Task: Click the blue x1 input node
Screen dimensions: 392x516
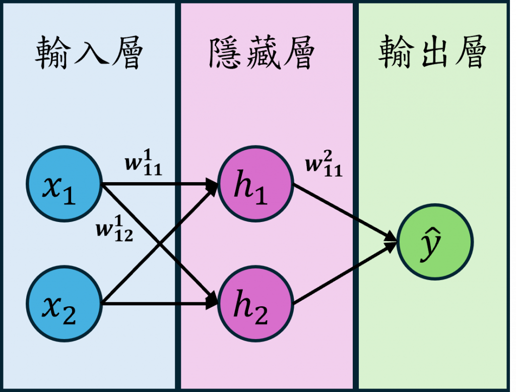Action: (64, 184)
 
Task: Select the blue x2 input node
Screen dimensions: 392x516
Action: (64, 303)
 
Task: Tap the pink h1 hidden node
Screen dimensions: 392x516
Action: (255, 184)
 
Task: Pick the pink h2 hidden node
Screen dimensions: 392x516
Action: (255, 304)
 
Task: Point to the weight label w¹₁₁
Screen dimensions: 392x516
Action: (144, 164)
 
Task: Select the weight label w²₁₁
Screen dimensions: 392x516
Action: (324, 166)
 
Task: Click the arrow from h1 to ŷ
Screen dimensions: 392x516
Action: (343, 210)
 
